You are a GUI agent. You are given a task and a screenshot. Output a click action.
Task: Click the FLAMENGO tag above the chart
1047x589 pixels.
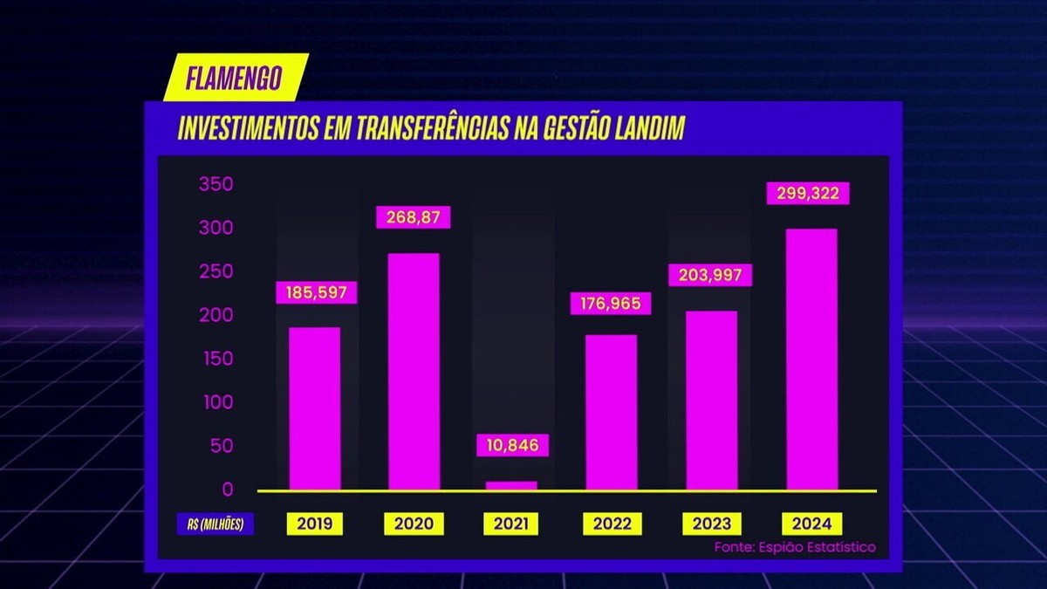click(x=235, y=78)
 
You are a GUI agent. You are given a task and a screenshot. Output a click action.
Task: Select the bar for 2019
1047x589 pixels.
click(x=314, y=408)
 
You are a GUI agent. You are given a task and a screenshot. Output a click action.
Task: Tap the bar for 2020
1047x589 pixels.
click(x=414, y=372)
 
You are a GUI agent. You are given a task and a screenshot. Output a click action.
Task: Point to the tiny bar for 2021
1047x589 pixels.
click(x=511, y=485)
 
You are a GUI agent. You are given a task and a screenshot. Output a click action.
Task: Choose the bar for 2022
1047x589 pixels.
click(x=611, y=413)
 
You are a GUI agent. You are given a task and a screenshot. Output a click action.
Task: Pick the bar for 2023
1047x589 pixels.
click(x=711, y=401)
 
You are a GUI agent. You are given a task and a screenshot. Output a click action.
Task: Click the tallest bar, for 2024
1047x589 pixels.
click(x=811, y=360)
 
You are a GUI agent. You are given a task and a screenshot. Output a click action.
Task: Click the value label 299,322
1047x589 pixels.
click(x=807, y=193)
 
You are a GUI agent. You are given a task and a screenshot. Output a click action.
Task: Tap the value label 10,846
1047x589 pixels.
click(x=514, y=445)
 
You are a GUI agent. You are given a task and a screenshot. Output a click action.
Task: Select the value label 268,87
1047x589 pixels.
click(x=413, y=216)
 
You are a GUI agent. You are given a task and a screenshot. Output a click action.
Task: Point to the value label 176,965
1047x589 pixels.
click(x=611, y=304)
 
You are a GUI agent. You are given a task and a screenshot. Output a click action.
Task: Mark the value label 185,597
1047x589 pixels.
click(x=317, y=292)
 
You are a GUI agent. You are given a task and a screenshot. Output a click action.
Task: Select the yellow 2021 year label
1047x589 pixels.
click(x=510, y=524)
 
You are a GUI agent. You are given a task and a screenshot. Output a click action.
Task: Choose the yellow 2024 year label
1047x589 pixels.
click(x=812, y=524)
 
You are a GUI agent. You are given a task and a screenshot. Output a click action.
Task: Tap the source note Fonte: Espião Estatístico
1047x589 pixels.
click(x=794, y=547)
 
